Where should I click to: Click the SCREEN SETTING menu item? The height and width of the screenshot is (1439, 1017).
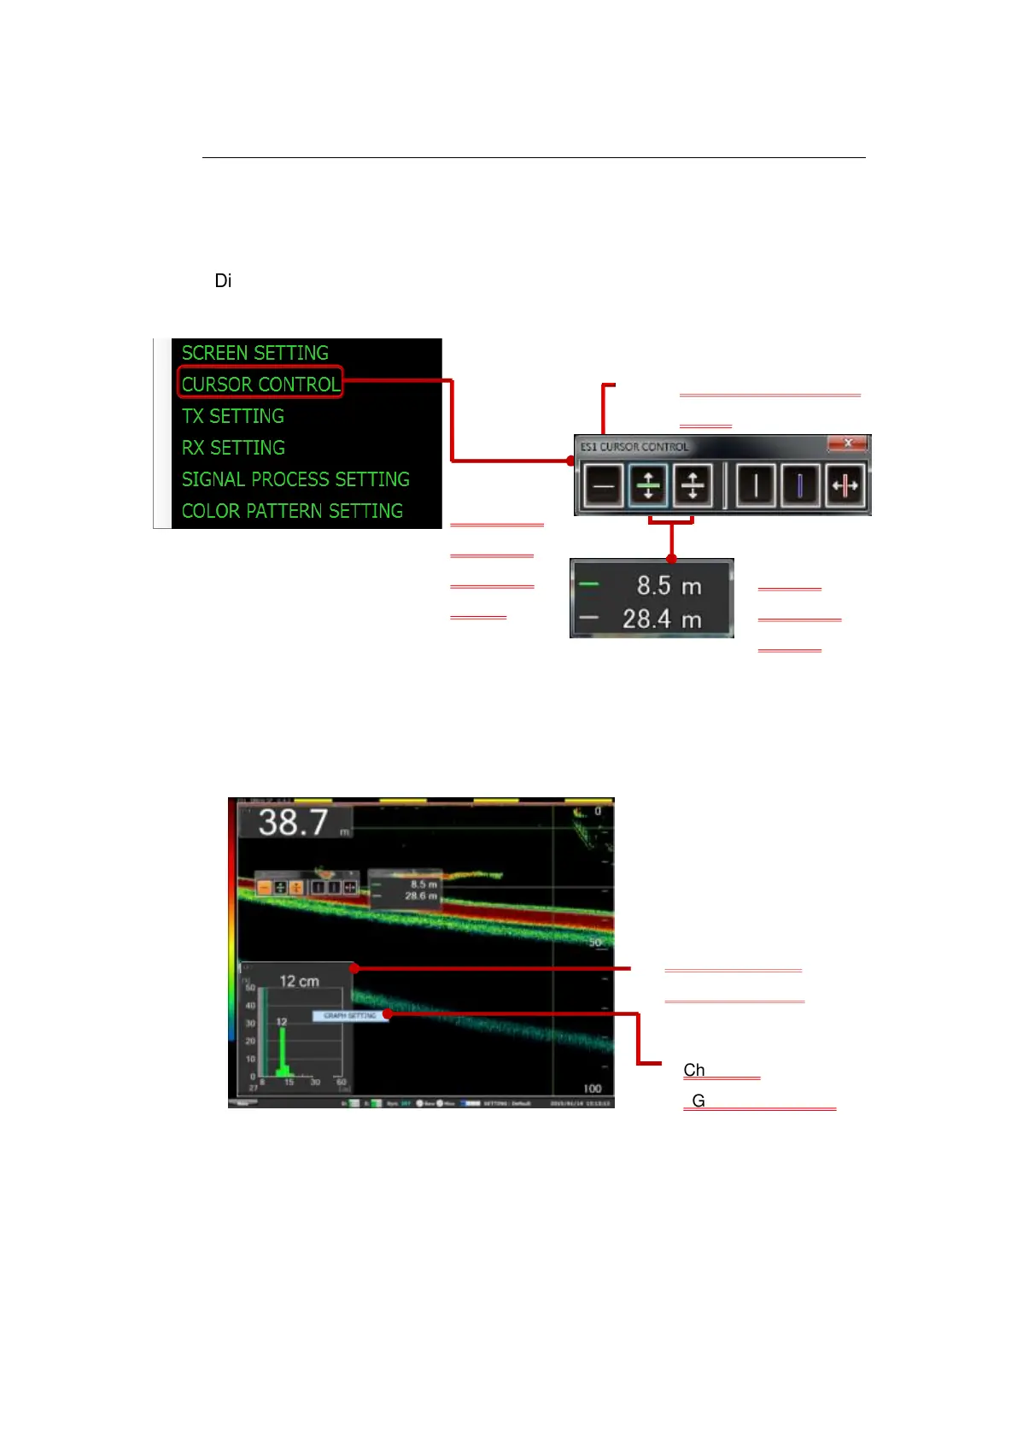pos(254,353)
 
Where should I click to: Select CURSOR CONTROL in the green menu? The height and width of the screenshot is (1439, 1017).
pos(260,384)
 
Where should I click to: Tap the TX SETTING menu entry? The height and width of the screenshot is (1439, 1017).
pos(232,416)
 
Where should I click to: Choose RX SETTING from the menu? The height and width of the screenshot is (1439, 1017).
pos(233,448)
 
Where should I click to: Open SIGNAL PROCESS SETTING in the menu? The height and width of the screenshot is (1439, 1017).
pos(295,479)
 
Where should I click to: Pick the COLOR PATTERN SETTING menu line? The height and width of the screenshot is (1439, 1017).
pos(292,511)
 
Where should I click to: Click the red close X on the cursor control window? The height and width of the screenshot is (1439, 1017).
pos(848,443)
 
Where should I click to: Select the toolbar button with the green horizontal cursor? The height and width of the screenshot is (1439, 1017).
pos(648,485)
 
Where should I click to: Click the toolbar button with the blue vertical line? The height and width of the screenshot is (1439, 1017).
pos(800,485)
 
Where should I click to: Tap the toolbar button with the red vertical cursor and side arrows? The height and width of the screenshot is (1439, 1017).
pos(845,485)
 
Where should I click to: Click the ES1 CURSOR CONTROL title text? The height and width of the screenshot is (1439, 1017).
pos(634,446)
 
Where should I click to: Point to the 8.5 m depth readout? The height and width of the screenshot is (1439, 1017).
pos(669,585)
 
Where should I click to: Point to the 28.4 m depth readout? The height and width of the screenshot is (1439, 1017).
pos(662,619)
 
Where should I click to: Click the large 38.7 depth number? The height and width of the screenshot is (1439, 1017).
pos(293,822)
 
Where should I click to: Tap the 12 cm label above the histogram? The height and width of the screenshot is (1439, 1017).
pos(299,981)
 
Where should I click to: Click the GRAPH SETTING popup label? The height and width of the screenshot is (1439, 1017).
pos(350,1015)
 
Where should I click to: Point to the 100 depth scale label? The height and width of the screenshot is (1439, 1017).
pos(593,1089)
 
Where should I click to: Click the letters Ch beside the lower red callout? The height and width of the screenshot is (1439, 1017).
pos(694,1070)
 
